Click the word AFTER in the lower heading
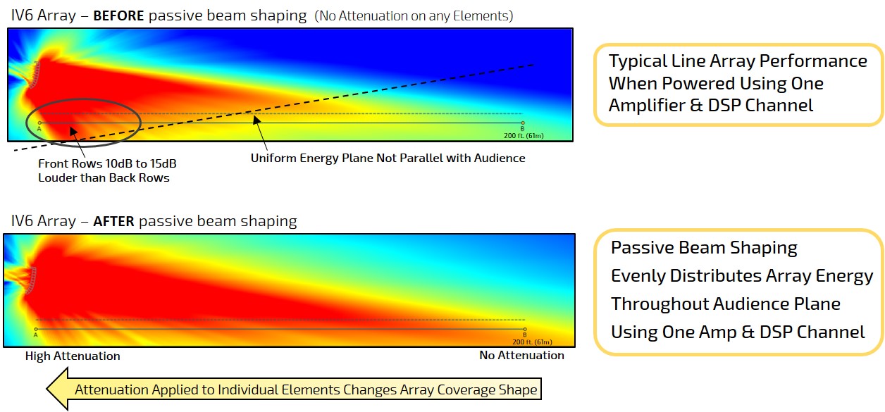[113, 221]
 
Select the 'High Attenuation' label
[73, 356]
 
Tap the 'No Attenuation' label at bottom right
[521, 356]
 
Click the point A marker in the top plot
[39, 123]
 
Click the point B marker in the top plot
[522, 123]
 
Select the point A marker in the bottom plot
[35, 329]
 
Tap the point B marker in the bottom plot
[525, 329]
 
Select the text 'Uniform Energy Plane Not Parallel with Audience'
[388, 158]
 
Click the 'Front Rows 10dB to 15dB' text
[107, 163]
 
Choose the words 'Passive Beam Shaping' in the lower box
[703, 248]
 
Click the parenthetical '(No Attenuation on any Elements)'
[414, 15]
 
